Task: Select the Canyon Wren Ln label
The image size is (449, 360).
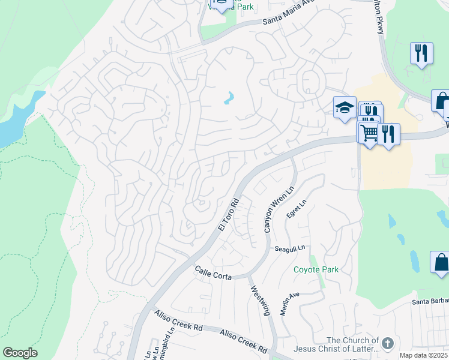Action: coord(275,209)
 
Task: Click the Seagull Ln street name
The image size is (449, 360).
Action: coord(290,248)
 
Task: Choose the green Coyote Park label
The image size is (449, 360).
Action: coord(316,269)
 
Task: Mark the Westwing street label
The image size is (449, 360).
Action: coord(259,298)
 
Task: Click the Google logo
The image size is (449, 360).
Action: coord(20,353)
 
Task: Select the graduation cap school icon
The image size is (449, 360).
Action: coord(345,107)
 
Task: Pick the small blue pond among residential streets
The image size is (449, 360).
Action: coord(229,97)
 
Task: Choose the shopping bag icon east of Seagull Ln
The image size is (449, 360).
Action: coord(441,262)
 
